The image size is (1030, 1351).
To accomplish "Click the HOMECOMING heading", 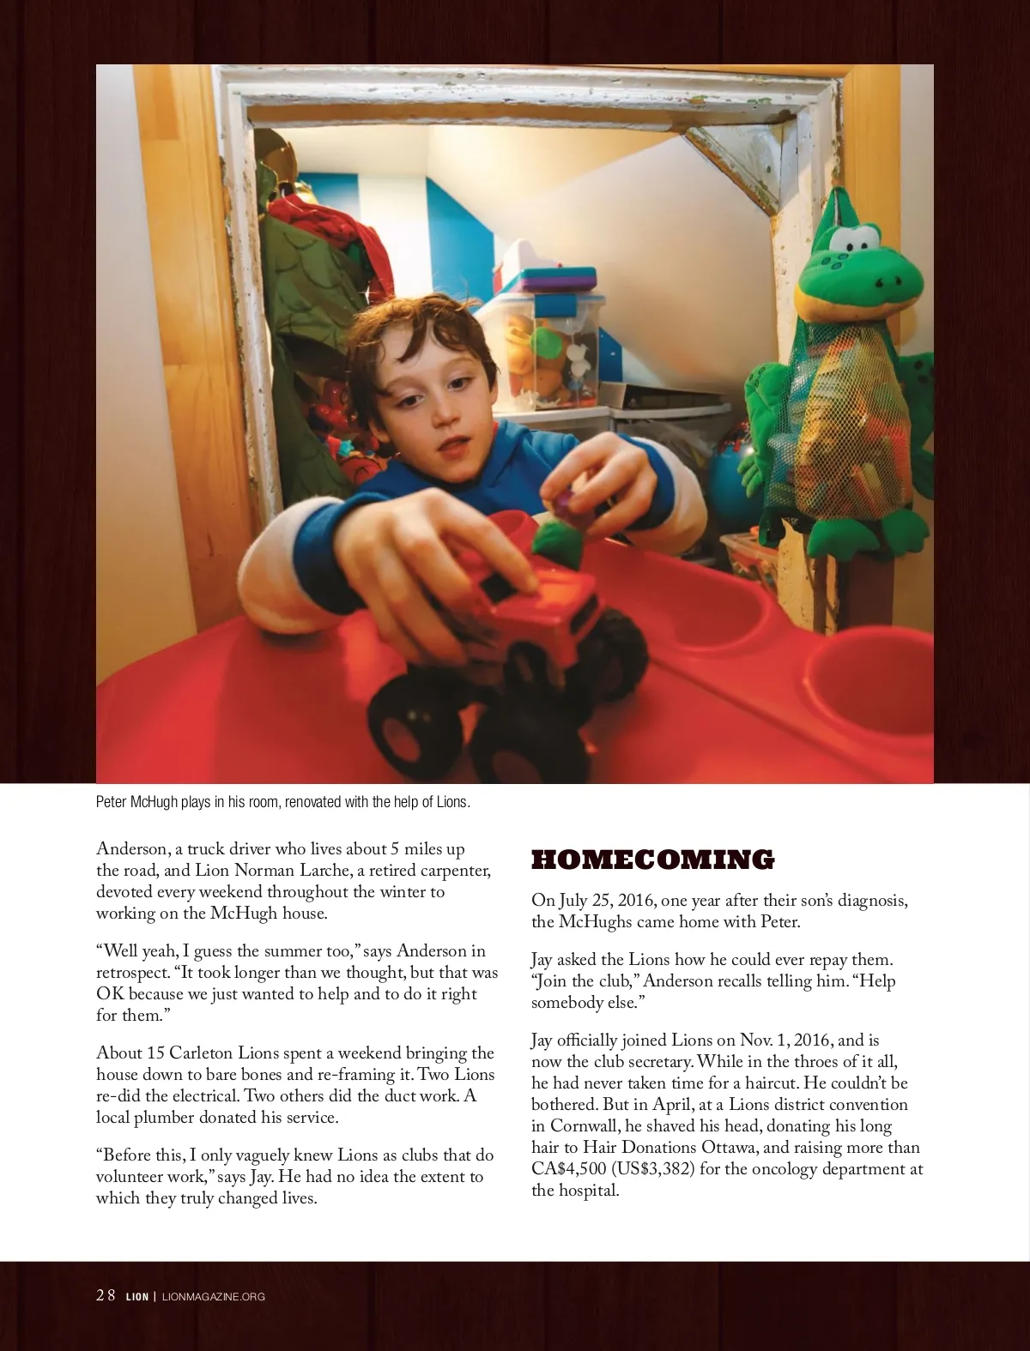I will coord(652,859).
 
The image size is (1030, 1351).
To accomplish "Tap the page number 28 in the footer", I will coord(106,1296).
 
